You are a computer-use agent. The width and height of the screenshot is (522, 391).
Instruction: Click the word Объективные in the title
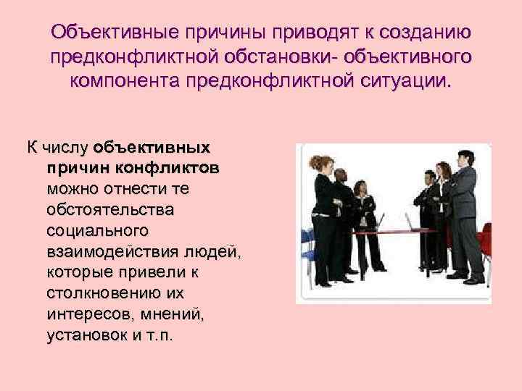[112, 33]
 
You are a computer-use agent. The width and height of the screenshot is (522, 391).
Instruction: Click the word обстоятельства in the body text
[110, 210]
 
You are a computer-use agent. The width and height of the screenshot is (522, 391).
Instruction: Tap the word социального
[98, 231]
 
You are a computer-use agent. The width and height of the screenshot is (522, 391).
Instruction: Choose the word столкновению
[115, 294]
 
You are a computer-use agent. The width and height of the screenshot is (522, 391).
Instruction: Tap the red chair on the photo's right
[484, 246]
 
